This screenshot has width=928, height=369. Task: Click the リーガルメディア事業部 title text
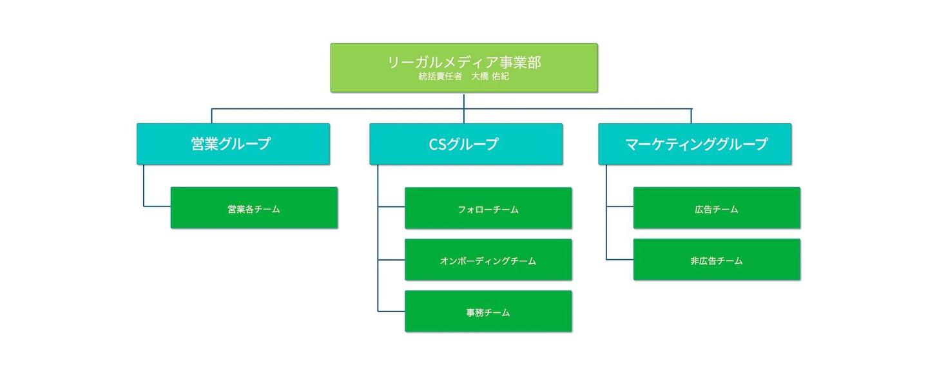coord(464,62)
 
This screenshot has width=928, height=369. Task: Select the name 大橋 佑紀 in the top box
coord(490,76)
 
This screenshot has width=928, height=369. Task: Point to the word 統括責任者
coord(440,76)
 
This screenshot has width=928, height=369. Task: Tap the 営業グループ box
coord(233,144)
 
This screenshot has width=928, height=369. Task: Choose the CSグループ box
coord(466,144)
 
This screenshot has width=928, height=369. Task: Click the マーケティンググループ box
coord(695,144)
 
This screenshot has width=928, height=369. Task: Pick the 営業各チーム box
coord(254,208)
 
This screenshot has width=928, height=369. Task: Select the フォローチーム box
coord(488,208)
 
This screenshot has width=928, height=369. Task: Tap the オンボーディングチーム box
coord(488,259)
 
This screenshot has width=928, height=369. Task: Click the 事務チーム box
coord(488,312)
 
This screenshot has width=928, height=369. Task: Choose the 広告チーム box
coord(717,208)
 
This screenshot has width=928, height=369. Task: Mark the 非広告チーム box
coord(717,259)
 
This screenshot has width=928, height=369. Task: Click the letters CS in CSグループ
coord(437,145)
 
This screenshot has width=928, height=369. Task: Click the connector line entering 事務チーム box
coord(391,312)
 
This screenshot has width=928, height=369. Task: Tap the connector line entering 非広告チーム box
coord(620,259)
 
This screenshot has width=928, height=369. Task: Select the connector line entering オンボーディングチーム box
coord(391,259)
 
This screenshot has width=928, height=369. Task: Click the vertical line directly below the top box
coord(463,108)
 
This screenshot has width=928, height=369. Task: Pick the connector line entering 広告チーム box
coord(620,206)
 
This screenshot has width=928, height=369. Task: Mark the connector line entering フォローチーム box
coord(391,206)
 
